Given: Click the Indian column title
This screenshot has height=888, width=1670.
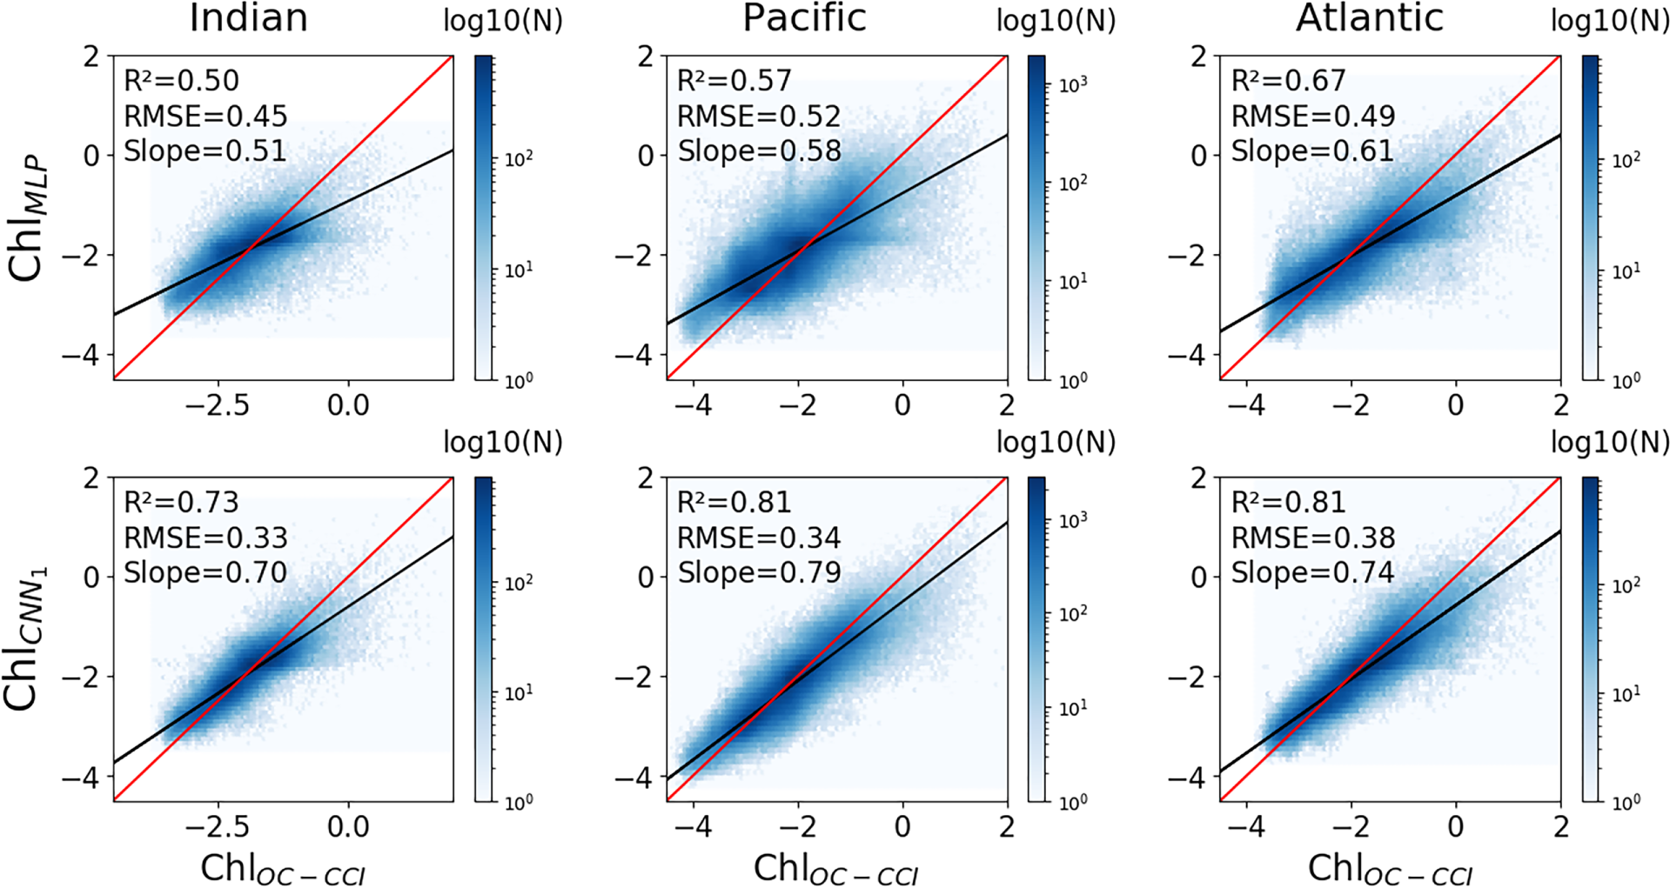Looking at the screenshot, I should click(x=248, y=18).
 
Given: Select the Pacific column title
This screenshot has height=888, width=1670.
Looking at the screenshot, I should click(x=803, y=18).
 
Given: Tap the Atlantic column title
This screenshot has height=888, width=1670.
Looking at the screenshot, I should click(x=1369, y=18).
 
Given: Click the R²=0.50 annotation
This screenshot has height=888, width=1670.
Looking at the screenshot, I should click(x=181, y=81).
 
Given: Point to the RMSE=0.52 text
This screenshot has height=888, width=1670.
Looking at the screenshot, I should click(x=758, y=117).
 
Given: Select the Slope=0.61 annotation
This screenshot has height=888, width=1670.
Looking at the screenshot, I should click(x=1311, y=151).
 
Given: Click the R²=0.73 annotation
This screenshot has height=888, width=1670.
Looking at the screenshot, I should click(x=181, y=503).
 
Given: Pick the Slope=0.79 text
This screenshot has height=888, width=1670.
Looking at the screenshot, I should click(x=758, y=573).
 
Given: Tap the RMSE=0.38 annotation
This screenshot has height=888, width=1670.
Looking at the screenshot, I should click(x=1312, y=538).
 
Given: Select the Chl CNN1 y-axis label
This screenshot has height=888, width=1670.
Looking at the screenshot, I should click(x=26, y=639).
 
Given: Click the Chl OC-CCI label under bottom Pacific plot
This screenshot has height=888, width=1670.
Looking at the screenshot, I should click(x=835, y=870).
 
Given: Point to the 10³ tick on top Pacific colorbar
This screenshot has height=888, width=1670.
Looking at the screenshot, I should click(x=1073, y=85).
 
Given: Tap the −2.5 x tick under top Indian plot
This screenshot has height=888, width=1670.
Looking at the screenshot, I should click(x=217, y=405).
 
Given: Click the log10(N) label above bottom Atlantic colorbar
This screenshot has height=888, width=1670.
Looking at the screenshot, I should click(x=1609, y=443).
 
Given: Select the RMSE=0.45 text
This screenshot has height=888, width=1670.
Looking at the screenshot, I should click(x=205, y=117).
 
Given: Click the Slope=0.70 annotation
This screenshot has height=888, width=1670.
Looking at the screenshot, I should click(x=205, y=573).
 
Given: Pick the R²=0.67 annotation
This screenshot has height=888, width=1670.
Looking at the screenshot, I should click(x=1288, y=81).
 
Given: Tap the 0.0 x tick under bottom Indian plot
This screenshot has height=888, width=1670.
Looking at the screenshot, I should click(x=348, y=827).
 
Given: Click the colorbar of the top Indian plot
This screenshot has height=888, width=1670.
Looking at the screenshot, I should click(x=483, y=217).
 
